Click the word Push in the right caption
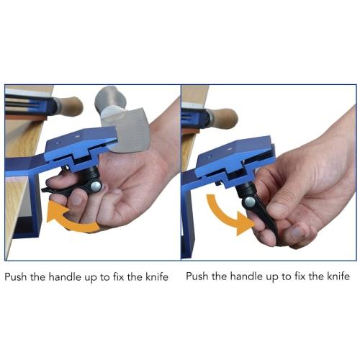[200, 276]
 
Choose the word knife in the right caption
[337, 276]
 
